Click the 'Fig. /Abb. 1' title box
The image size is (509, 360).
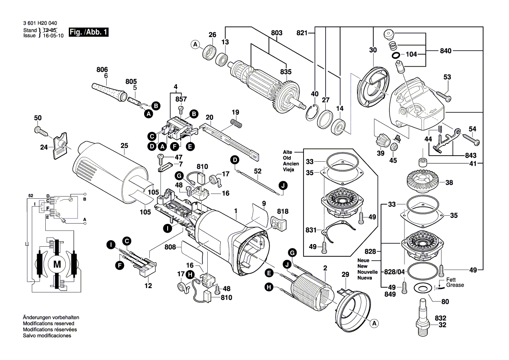pyautogui.click(x=89, y=33)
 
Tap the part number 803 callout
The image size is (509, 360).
pyautogui.click(x=276, y=33)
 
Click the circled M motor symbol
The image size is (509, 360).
pyautogui.click(x=57, y=264)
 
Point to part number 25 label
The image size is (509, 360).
pyautogui.click(x=124, y=146)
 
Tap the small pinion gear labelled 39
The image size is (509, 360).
pyautogui.click(x=380, y=140)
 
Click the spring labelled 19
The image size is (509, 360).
pyautogui.click(x=236, y=123)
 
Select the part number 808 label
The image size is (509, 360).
pyautogui.click(x=170, y=247)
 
